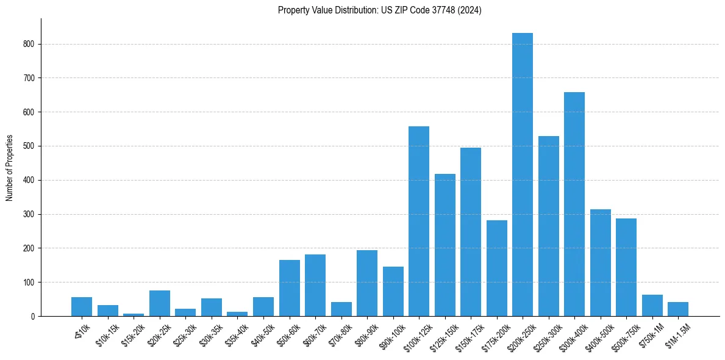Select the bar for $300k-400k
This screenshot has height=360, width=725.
tap(574, 204)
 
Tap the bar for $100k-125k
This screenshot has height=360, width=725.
tap(418, 221)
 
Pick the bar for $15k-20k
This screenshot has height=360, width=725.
tap(134, 314)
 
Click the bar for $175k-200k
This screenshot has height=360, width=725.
tap(496, 268)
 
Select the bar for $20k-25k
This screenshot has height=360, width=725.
tap(160, 303)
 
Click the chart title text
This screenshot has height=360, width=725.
tap(379, 10)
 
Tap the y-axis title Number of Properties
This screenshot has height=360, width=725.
tap(10, 167)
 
